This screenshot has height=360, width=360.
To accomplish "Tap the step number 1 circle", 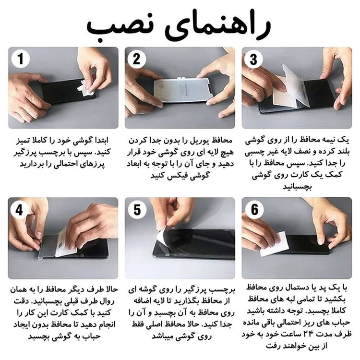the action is [x=21, y=59].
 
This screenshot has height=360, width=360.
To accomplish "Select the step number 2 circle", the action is [x=137, y=59].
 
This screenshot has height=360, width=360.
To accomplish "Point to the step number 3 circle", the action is [x=253, y=59].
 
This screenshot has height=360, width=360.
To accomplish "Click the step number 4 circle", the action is [x=20, y=210].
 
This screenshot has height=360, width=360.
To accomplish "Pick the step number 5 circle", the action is [x=137, y=210].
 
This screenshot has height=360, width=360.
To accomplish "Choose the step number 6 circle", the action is [x=254, y=209].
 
